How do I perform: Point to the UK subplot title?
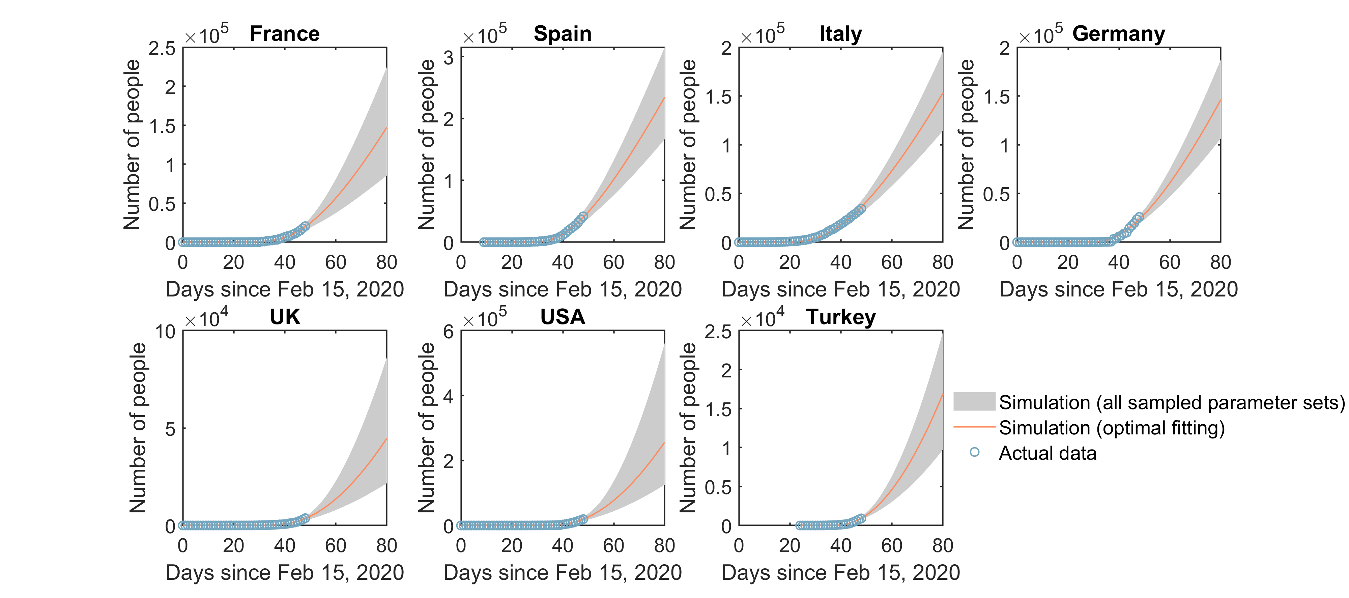285,317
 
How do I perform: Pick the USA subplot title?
563,317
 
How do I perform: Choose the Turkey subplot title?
840,317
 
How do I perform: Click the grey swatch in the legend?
974,401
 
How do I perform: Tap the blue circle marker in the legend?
974,452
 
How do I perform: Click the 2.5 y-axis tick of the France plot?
162,49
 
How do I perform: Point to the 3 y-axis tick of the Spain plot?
448,58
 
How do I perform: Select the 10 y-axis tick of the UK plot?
165,332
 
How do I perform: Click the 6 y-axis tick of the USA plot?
448,332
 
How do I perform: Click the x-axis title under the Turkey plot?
840,572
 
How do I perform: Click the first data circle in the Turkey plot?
800,525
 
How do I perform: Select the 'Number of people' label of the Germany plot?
966,145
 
